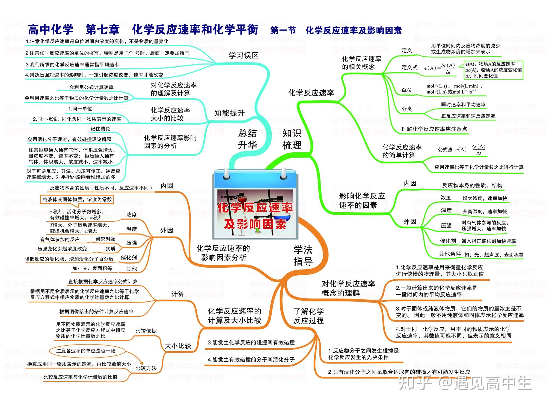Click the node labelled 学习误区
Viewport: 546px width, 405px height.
pos(244,56)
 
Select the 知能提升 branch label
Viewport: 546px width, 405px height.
pos(229,113)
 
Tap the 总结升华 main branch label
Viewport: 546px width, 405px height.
pos(247,139)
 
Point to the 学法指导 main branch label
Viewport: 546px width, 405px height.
pos(303,255)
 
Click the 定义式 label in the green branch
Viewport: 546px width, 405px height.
pos(410,67)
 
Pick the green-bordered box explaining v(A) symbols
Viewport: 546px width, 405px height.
pos(494,70)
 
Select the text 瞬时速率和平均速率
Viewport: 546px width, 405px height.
pos(463,104)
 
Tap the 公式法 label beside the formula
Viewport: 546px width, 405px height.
pos(445,149)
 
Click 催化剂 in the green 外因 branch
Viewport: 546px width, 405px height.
pos(448,241)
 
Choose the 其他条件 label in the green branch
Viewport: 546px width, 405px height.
pos(450,254)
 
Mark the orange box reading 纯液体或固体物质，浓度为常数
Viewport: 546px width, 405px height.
pos(77,200)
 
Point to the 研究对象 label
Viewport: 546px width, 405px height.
pos(105,239)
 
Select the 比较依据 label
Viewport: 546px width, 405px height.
pos(146,331)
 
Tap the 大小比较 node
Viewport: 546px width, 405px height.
pos(178,346)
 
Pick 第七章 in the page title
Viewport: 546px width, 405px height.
pos(102,29)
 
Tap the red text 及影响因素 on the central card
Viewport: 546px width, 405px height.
pos(255,224)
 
